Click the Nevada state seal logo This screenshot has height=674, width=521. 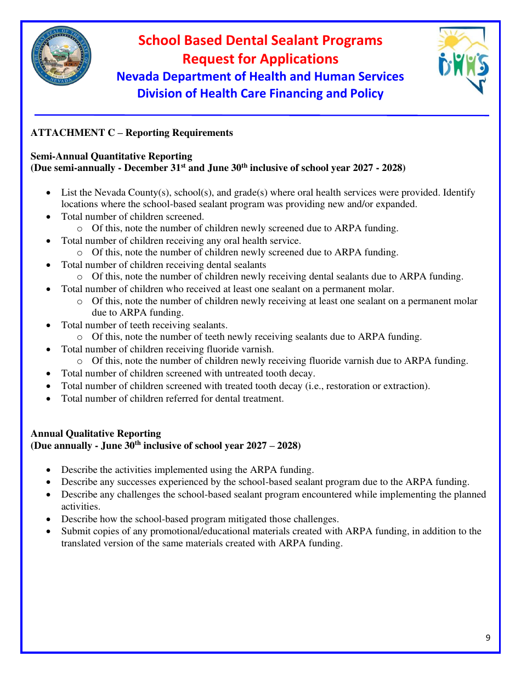61,58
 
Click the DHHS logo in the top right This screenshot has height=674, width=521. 463,60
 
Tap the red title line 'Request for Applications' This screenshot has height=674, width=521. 260,59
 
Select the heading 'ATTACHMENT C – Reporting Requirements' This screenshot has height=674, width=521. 132,133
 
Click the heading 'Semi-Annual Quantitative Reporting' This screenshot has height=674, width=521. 111,156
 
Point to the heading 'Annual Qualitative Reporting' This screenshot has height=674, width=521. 96,433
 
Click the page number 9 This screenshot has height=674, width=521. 488,637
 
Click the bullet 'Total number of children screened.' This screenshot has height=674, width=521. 133,216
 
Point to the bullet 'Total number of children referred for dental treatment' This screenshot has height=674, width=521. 172,398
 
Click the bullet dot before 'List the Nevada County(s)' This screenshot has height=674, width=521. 49,193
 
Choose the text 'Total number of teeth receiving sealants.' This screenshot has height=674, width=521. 144,325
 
